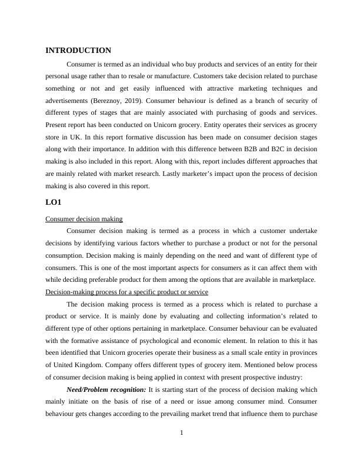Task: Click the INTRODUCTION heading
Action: tap(78, 51)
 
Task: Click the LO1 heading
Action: tap(54, 202)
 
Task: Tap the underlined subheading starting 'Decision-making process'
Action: tap(126, 292)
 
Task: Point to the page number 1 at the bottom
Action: tap(182, 434)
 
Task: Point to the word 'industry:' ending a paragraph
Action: tap(286, 377)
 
